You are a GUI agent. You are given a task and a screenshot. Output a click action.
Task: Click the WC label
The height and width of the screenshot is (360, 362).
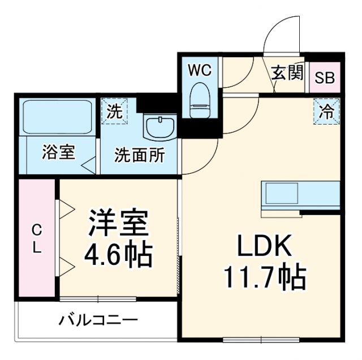coord(199,71)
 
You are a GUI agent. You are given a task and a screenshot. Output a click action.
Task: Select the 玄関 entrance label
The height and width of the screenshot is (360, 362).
coord(287,73)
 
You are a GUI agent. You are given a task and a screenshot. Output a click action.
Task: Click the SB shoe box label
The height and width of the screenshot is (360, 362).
coord(325,78)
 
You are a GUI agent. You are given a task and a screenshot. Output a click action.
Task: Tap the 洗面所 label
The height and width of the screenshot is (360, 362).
coord(139,155)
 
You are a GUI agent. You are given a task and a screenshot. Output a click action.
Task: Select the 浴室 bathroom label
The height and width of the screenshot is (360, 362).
coord(59,152)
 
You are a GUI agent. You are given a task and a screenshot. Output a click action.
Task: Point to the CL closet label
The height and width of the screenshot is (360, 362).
coord(36,238)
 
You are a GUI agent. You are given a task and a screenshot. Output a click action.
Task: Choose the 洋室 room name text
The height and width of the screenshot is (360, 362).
coord(118,224)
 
